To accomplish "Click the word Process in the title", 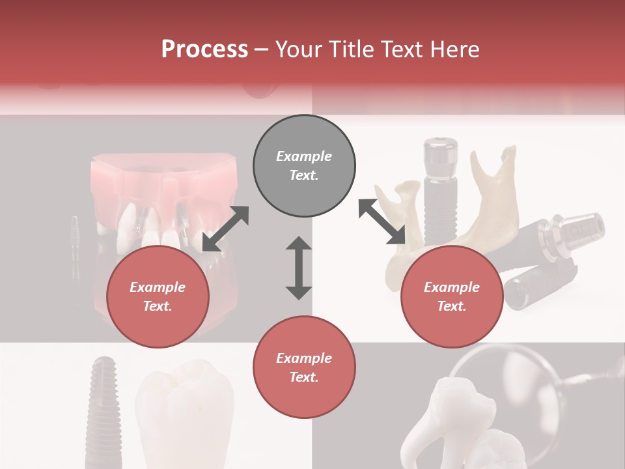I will coord(204,50).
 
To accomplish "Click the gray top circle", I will coord(304,166).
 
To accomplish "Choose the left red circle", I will coord(158,297).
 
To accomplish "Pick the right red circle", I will coord(452,297).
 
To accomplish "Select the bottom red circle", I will coord(304,367).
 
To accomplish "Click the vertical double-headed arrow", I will coord(299,268).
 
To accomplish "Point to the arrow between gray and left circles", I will coord(225,229).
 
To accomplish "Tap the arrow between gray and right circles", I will coord(382,222).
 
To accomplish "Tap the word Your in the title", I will coord(298,50).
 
